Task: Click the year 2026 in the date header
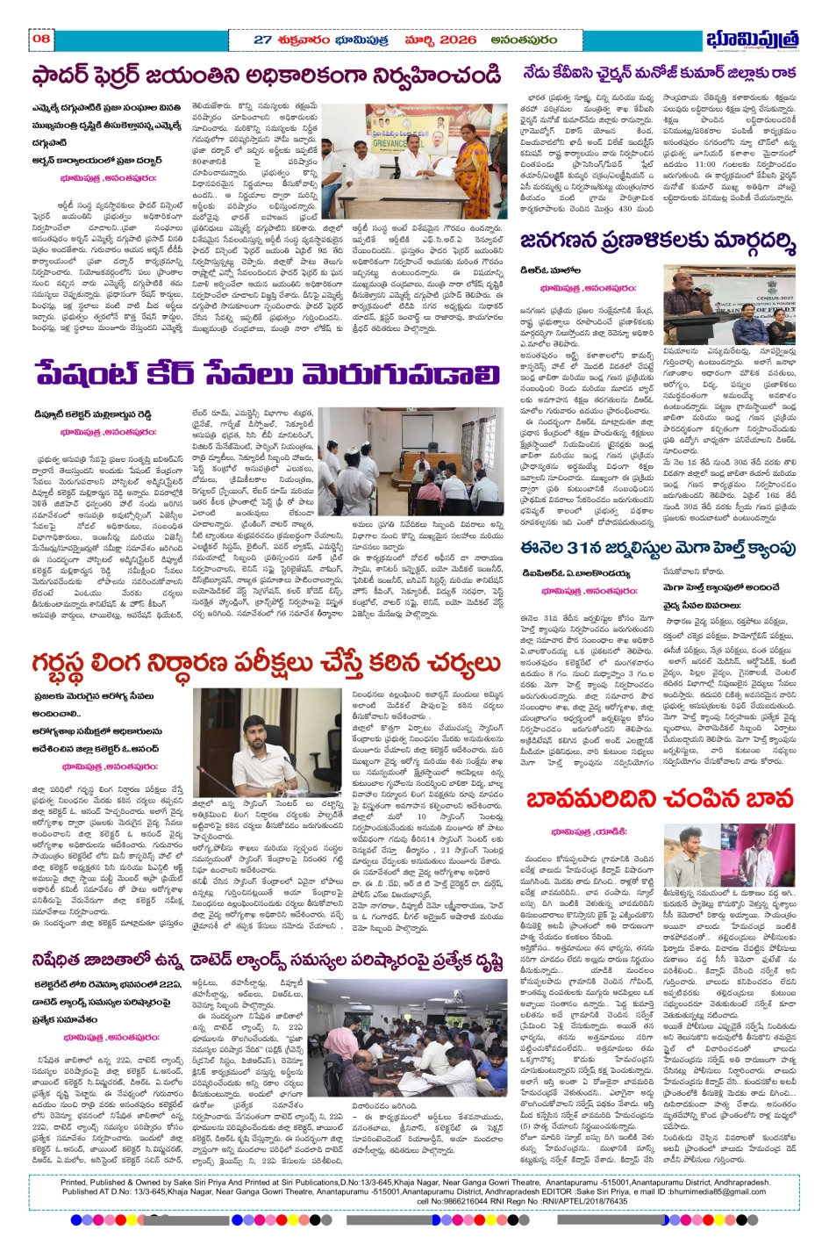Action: (459, 40)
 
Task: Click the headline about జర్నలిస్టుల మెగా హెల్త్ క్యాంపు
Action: (658, 549)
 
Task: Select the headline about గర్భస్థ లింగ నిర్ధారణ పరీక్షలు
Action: (266, 664)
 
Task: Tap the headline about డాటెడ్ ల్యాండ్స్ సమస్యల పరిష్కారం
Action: (266, 960)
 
